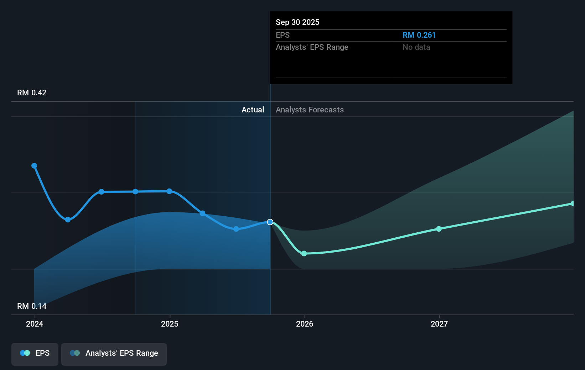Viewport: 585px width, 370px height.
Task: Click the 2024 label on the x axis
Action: (x=35, y=324)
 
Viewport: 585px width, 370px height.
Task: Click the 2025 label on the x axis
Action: (x=170, y=324)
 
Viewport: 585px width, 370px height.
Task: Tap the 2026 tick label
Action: (x=305, y=324)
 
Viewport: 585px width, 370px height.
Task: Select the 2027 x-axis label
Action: (x=439, y=324)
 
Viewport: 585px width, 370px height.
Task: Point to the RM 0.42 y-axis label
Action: (x=32, y=93)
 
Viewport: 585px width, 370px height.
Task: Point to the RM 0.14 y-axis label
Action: (x=32, y=306)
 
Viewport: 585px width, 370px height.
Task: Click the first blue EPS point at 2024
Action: (x=34, y=166)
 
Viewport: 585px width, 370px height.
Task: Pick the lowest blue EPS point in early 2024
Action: (x=68, y=220)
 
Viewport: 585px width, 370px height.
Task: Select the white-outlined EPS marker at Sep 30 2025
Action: (x=270, y=222)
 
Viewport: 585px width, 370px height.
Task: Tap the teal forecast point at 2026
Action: (x=304, y=254)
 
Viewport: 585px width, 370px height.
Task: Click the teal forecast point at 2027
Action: (x=439, y=229)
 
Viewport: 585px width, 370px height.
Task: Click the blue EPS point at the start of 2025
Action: (x=169, y=191)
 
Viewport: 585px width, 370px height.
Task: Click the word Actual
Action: (x=253, y=110)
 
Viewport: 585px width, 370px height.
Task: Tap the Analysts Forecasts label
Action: (x=310, y=110)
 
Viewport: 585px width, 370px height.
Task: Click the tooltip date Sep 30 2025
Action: (x=297, y=22)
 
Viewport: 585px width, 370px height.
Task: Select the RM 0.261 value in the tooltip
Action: (x=419, y=35)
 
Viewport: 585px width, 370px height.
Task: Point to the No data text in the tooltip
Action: (x=416, y=47)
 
